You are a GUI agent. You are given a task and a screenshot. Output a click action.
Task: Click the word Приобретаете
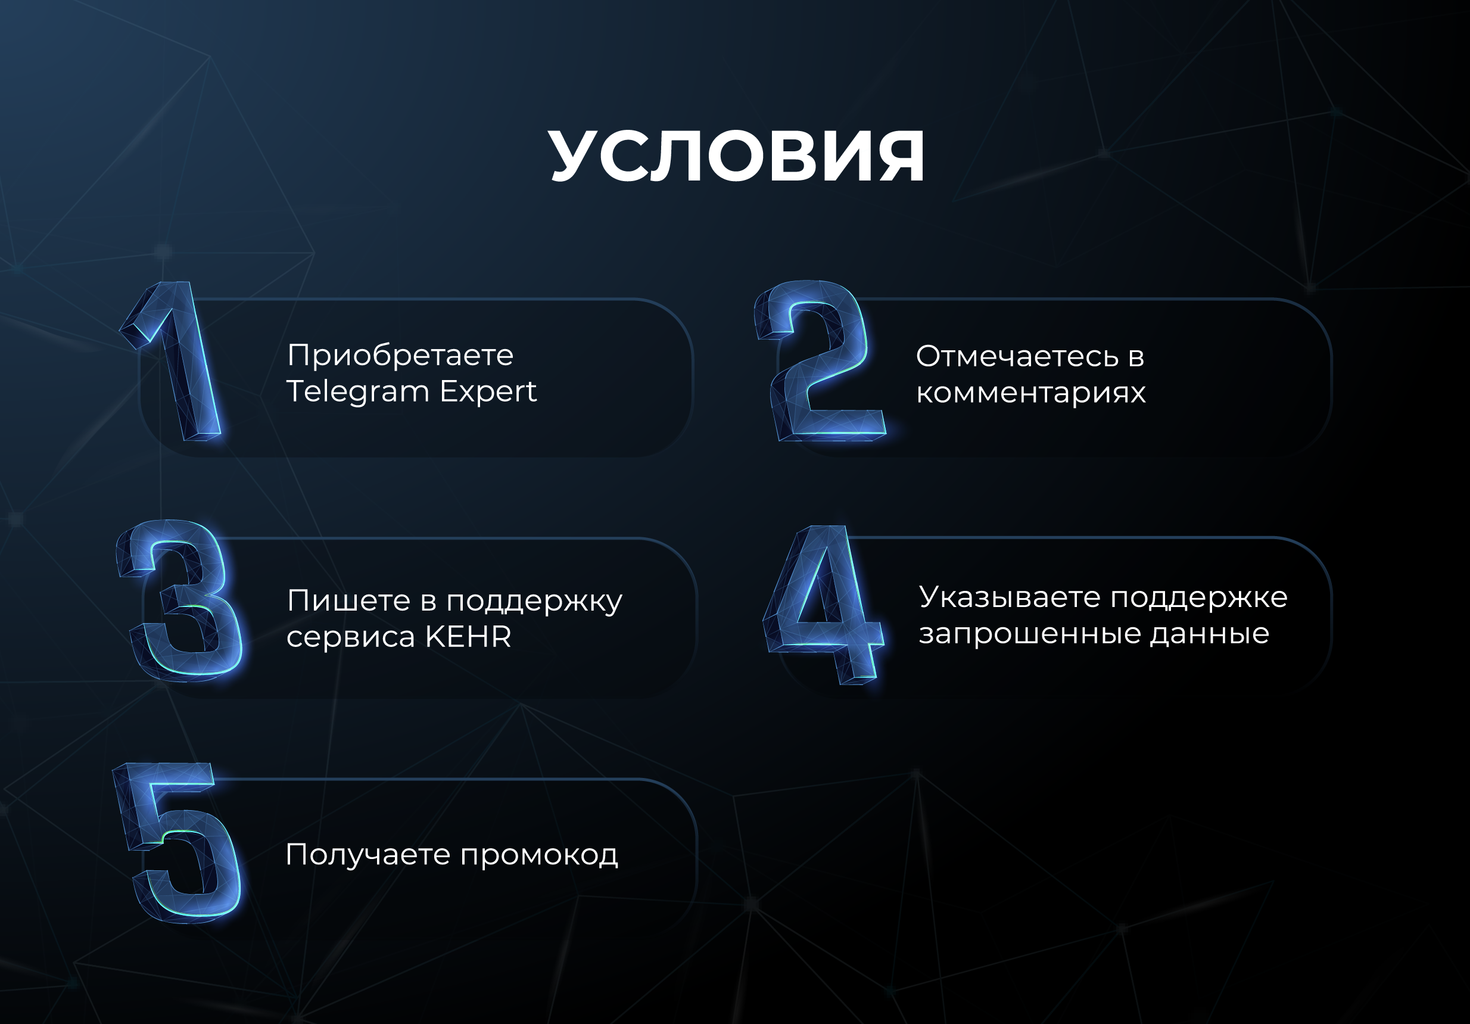[400, 356]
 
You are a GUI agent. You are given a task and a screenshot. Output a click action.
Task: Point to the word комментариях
[1031, 393]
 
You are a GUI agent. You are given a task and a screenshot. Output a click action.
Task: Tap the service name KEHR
[468, 637]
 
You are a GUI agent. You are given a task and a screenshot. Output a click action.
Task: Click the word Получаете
[368, 855]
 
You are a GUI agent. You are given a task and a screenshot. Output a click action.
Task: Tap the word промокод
[539, 856]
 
